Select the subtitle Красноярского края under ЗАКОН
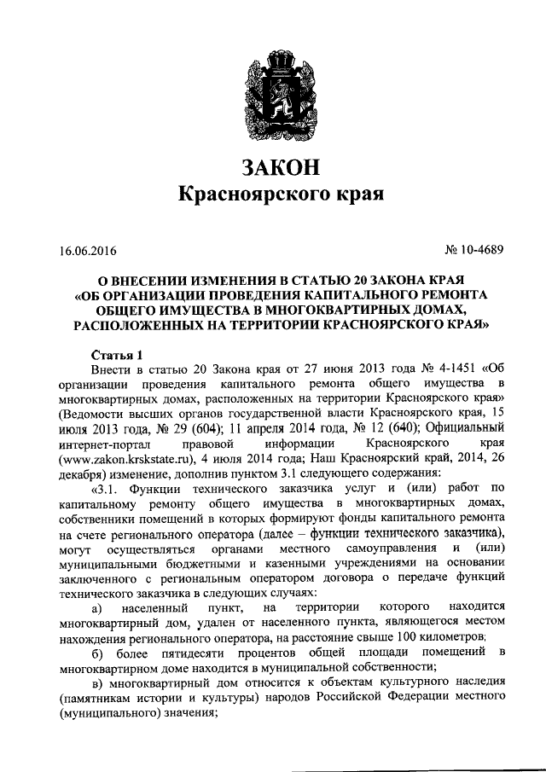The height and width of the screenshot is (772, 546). pos(273,195)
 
